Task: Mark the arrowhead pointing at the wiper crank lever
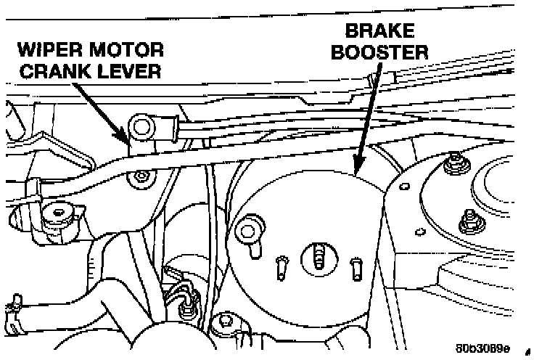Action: coord(128,137)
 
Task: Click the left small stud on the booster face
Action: coord(280,266)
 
